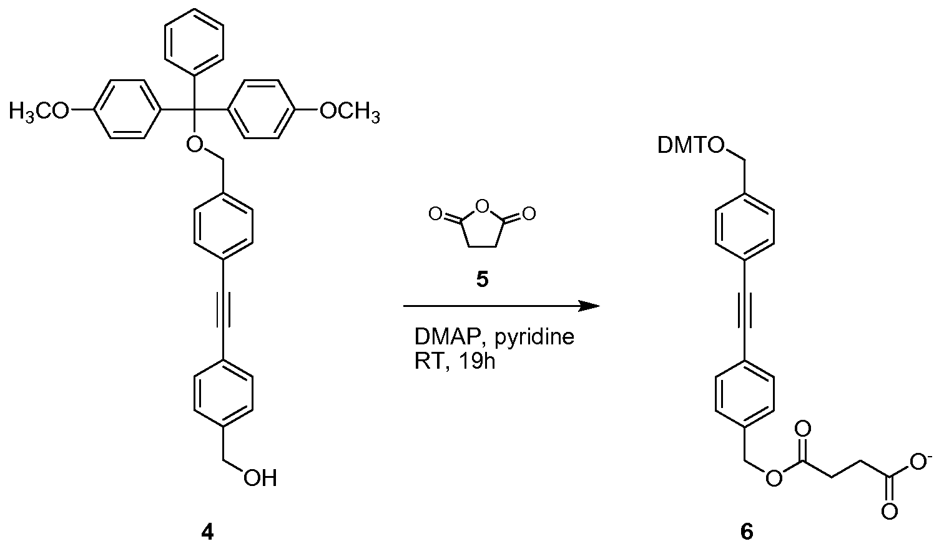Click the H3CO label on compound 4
pos(39,112)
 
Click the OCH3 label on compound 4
pos(350,112)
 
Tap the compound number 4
pos(208,533)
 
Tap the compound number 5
pos(483,279)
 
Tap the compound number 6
pos(747,533)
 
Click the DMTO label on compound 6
pos(691,146)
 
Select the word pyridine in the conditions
pos(534,338)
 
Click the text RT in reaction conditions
pos(429,361)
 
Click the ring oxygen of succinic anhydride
pos(483,206)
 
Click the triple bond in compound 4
pos(224,310)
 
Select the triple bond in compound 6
pos(744,310)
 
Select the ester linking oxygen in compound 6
pos(774,479)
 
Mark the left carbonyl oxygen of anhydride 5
pos(436,215)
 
